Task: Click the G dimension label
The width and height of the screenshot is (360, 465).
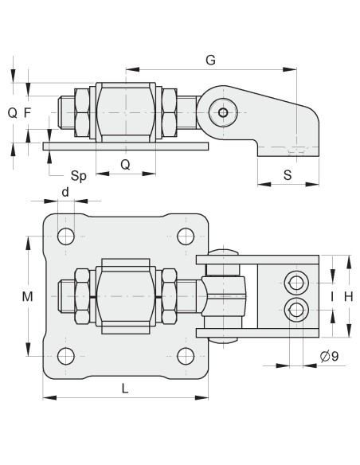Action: tap(210, 60)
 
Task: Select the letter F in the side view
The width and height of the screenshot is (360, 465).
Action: tap(28, 112)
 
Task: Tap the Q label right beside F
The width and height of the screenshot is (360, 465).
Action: tap(12, 112)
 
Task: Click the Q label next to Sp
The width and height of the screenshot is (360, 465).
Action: tap(125, 164)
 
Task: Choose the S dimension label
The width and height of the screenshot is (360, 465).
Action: tap(287, 175)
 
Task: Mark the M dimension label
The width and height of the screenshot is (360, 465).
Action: tap(27, 296)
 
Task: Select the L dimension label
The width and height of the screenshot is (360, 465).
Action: tap(125, 387)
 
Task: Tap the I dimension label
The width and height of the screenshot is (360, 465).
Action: tap(331, 296)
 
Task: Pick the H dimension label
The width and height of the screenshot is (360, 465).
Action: tap(348, 296)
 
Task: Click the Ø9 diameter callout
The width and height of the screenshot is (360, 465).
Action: tap(328, 356)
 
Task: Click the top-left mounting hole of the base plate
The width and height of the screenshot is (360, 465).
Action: tap(66, 236)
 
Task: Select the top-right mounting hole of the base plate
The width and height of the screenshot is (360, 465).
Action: tap(186, 236)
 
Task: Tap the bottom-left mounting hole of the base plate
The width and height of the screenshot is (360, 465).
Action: tap(66, 355)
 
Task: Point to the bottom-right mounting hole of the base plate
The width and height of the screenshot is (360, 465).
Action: tap(186, 355)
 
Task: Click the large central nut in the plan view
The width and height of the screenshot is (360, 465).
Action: tap(123, 295)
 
